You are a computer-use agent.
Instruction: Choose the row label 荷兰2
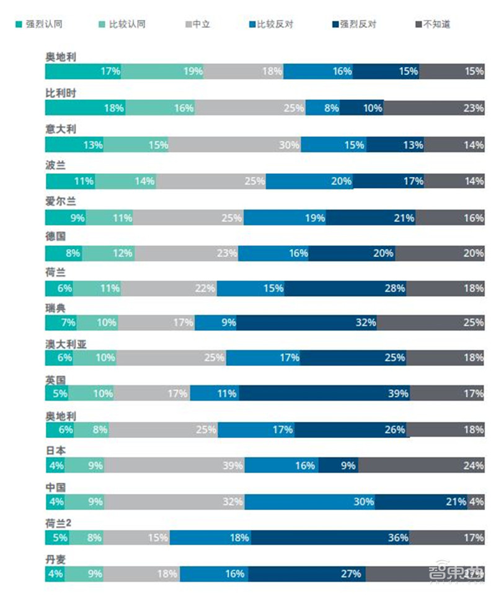[x=59, y=522]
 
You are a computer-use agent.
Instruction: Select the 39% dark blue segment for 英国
[x=324, y=393]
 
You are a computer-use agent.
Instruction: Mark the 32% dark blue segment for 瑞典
[x=306, y=322]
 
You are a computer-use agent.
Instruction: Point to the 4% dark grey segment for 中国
[x=476, y=501]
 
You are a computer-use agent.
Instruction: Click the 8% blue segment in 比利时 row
[x=322, y=108]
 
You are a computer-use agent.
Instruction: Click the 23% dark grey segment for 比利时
[x=434, y=108]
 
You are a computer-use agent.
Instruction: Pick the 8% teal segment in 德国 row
[x=64, y=253]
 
